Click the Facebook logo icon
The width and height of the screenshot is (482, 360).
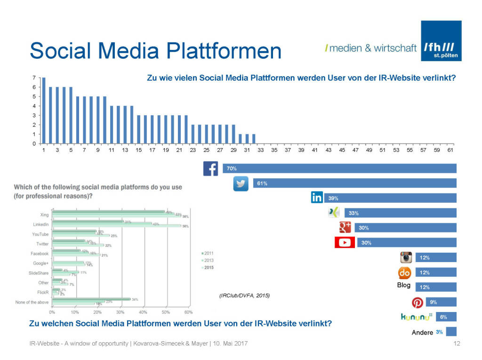tap(210, 168)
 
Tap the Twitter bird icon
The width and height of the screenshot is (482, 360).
tap(241, 184)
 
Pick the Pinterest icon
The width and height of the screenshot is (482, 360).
tap(418, 303)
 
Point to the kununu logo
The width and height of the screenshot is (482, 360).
tap(416, 318)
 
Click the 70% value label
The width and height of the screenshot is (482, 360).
tap(232, 168)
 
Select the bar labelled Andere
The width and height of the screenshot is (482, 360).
tap(451, 331)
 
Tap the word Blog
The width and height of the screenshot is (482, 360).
tap(404, 285)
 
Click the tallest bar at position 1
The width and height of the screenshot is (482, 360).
tap(44, 111)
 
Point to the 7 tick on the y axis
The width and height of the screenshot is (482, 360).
tap(34, 78)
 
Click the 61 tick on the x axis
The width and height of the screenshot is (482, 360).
tap(450, 150)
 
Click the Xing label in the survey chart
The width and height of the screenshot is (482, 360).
tap(44, 215)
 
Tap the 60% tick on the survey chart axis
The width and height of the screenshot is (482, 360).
tap(188, 312)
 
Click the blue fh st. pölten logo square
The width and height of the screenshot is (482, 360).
tap(441, 41)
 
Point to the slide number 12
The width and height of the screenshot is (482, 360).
tap(456, 344)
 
